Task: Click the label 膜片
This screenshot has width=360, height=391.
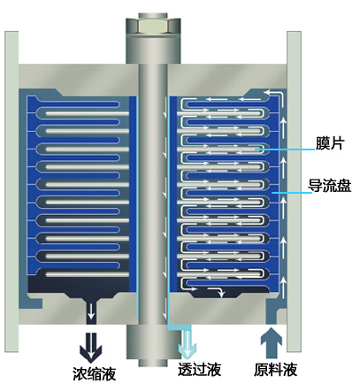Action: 330,143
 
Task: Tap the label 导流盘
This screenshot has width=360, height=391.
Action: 330,186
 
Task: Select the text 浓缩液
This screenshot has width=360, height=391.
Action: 95,373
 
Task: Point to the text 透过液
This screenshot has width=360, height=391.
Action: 199,370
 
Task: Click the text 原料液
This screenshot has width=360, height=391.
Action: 275,370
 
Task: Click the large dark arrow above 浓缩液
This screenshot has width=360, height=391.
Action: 91,348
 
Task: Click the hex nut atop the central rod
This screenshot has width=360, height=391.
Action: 153,26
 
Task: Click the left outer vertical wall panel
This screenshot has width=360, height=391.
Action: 11,192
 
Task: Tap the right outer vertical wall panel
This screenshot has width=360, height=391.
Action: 294,192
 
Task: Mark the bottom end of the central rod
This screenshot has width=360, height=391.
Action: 153,365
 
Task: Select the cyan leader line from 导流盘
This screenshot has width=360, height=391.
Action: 292,193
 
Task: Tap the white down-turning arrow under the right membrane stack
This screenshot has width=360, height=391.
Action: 217,291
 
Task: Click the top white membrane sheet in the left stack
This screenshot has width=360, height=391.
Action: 88,113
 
